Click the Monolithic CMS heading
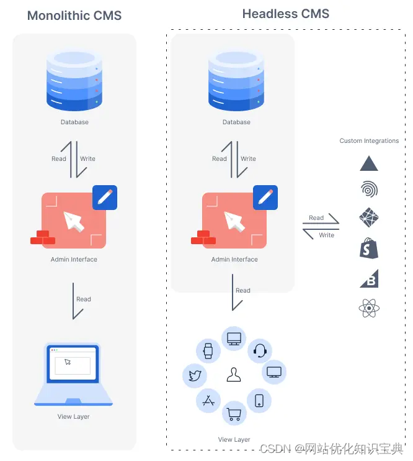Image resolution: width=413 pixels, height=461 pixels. (x=74, y=16)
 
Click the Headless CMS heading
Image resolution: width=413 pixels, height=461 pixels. (x=286, y=13)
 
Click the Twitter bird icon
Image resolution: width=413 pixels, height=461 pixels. (x=193, y=375)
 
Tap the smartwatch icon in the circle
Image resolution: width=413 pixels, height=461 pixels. (x=208, y=351)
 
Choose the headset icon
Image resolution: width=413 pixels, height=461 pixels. (x=260, y=351)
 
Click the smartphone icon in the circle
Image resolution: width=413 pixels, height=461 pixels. (x=259, y=401)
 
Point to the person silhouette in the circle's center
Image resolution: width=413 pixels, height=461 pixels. (x=234, y=375)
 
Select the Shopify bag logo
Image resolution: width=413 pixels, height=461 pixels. (x=369, y=248)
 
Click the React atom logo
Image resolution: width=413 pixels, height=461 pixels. (x=369, y=308)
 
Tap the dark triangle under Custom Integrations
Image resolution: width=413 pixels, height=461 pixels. (x=369, y=163)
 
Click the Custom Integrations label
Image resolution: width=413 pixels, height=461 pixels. (x=369, y=141)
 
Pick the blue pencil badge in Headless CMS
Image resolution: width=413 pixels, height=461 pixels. (x=265, y=197)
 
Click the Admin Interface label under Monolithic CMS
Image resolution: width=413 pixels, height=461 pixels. (x=74, y=260)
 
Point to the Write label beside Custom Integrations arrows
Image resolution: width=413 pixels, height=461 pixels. (x=327, y=235)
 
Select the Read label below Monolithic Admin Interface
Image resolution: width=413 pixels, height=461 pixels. (x=84, y=299)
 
